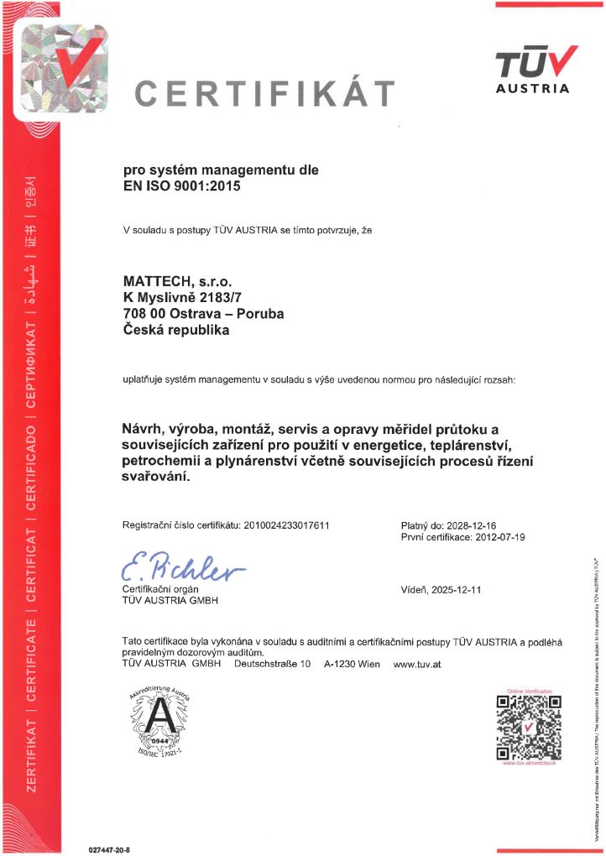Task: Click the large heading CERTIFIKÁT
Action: tap(264, 94)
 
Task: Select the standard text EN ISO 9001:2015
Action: tap(182, 187)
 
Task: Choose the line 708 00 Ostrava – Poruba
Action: tap(203, 314)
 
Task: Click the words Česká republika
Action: tap(175, 330)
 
